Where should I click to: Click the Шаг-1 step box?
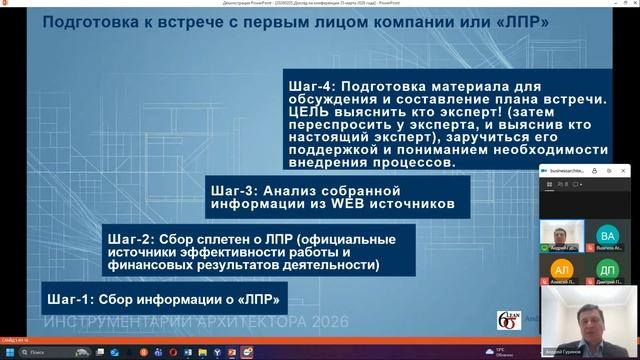[159, 298]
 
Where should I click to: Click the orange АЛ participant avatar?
[562, 270]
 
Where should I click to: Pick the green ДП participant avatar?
[607, 270]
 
